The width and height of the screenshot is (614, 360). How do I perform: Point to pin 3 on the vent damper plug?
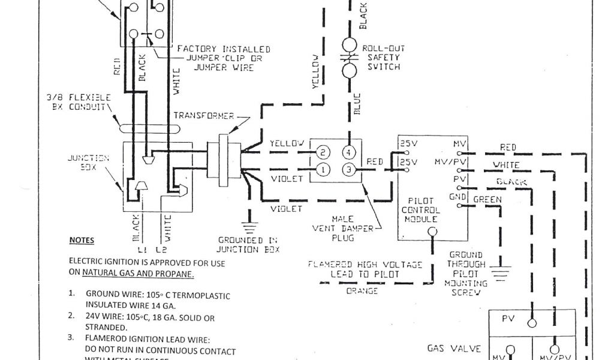(x=349, y=169)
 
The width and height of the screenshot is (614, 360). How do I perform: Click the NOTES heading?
(x=82, y=240)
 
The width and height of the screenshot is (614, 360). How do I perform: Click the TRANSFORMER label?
(x=199, y=115)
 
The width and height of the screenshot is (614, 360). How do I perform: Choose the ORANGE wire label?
(x=362, y=292)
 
